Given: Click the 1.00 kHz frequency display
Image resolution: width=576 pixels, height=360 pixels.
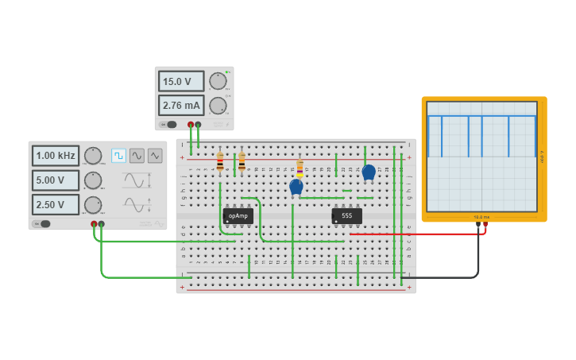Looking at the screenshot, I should tap(56, 156).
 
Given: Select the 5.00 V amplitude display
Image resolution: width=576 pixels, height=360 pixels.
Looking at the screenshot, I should tap(56, 180).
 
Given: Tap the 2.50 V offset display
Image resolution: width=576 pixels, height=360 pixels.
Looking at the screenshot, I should tap(56, 204).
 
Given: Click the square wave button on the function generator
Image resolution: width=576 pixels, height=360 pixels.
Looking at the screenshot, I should tap(118, 156).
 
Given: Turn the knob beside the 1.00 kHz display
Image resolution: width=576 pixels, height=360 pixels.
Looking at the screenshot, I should tap(93, 156).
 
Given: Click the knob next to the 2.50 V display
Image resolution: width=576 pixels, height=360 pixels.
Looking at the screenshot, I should tap(93, 205).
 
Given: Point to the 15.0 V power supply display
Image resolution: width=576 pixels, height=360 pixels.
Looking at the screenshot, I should tap(180, 81).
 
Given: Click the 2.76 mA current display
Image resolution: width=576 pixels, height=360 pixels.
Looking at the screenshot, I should tap(180, 105).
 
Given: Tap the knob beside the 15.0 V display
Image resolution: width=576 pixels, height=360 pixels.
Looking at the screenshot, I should tap(218, 80).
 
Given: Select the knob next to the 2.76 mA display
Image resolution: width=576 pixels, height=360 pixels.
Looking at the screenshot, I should tap(218, 105).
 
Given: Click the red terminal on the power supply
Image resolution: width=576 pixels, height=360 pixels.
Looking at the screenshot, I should tap(191, 125).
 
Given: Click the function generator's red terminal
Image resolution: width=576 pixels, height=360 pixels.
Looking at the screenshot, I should tap(94, 224).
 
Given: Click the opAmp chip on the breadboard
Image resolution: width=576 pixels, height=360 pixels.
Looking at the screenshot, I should tap(238, 215).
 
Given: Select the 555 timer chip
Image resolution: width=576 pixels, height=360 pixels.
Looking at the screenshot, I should tap(347, 215).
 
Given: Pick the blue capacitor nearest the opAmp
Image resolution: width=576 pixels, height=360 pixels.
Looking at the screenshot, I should tap(296, 187).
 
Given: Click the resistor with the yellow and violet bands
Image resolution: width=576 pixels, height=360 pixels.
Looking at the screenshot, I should tap(300, 168).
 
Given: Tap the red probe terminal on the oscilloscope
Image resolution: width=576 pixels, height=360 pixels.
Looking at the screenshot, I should tap(485, 225).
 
